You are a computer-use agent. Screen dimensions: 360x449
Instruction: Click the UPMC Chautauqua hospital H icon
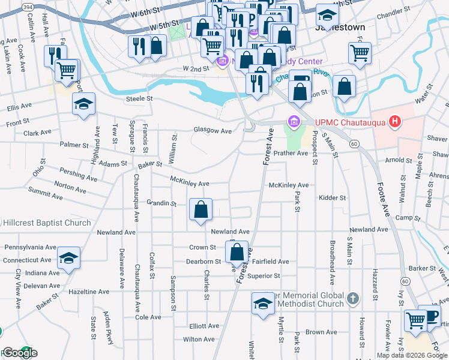click(x=394, y=122)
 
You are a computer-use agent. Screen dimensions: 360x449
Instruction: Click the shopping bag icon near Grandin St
click(x=202, y=210)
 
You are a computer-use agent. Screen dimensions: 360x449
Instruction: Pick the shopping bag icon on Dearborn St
click(x=237, y=253)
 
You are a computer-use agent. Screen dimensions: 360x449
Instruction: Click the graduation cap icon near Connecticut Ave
click(x=69, y=259)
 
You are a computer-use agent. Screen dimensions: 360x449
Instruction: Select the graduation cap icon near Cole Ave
click(x=262, y=304)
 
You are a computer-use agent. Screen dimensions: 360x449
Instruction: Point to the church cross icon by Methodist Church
click(x=353, y=298)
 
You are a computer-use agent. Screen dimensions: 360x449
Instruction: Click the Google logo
click(x=20, y=353)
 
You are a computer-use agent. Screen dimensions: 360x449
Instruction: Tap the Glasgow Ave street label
click(x=212, y=131)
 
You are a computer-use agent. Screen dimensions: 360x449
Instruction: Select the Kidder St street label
click(x=333, y=197)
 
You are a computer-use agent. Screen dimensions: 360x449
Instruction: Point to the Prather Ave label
click(x=291, y=153)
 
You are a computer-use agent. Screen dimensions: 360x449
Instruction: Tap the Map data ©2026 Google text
click(x=412, y=355)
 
